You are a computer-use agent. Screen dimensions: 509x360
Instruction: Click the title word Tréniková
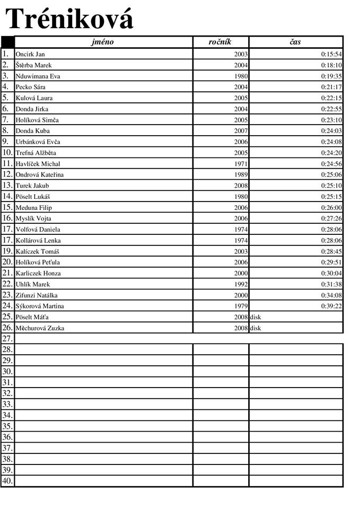(69, 19)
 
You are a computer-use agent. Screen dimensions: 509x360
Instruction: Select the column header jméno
(102, 42)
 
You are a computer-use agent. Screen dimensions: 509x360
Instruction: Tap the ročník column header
(221, 42)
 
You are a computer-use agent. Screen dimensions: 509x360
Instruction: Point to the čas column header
(295, 42)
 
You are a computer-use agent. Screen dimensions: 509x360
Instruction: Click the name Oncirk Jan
(30, 54)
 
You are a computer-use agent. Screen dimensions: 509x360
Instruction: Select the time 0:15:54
(331, 54)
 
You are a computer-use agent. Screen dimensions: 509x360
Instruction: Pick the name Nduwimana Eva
(38, 76)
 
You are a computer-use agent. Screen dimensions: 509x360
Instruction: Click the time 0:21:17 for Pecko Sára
(331, 87)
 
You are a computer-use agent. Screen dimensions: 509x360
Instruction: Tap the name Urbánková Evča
(38, 142)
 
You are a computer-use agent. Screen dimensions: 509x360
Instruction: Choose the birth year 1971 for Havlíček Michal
(241, 164)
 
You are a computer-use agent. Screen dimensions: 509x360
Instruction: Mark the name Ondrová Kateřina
(40, 174)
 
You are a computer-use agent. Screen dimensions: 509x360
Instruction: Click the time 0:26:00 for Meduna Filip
(331, 207)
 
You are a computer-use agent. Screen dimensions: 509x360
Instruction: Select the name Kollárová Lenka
(38, 240)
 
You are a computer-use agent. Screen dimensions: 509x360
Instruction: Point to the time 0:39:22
(331, 306)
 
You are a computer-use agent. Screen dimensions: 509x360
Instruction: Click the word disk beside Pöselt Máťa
(256, 317)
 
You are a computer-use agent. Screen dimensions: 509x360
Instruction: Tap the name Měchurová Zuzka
(40, 328)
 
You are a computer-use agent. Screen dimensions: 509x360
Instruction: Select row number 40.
(7, 481)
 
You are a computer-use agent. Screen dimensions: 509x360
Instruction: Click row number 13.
(7, 186)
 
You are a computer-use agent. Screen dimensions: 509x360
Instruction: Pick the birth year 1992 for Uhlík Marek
(241, 284)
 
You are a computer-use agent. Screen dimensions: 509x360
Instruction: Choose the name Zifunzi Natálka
(37, 295)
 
